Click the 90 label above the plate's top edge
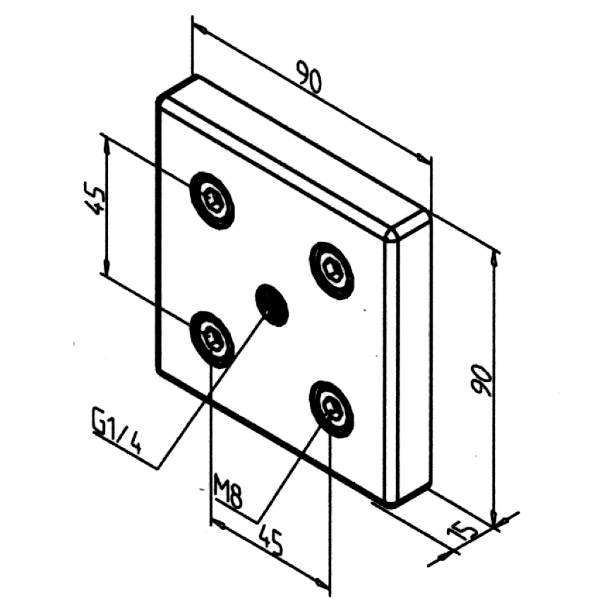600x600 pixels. coord(308,78)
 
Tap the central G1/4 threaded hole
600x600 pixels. coord(272,305)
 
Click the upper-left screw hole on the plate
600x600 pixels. coord(212,200)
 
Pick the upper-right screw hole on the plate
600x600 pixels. coord(332,270)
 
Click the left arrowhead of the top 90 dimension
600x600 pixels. coord(198,30)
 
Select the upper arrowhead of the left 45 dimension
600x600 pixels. coord(107,143)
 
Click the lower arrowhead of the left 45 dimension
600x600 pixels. coord(107,268)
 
